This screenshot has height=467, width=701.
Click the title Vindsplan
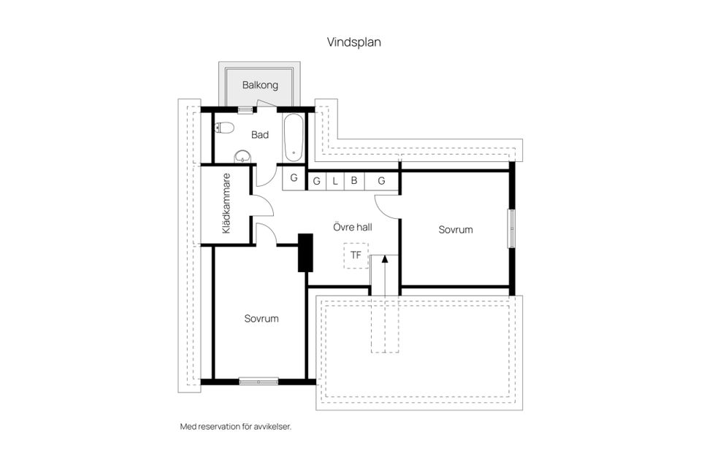pyautogui.click(x=353, y=42)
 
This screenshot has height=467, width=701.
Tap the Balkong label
pyautogui.click(x=260, y=85)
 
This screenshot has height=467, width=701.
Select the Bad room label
pyautogui.click(x=260, y=135)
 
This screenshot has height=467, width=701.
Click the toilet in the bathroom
pyautogui.click(x=225, y=128)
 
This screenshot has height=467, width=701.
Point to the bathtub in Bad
pyautogui.click(x=293, y=137)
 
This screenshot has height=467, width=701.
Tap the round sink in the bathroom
pyautogui.click(x=242, y=155)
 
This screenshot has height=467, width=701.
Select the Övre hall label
pyautogui.click(x=352, y=227)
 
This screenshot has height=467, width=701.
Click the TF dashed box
pyautogui.click(x=356, y=255)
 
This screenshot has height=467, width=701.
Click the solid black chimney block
pyautogui.click(x=305, y=252)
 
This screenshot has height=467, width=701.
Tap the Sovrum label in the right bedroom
pyautogui.click(x=455, y=229)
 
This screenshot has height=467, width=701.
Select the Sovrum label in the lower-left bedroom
pyautogui.click(x=261, y=318)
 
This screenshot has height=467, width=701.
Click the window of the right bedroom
pyautogui.click(x=512, y=228)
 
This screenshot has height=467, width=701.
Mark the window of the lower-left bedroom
pyautogui.click(x=258, y=381)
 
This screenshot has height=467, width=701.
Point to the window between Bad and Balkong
pyautogui.click(x=245, y=109)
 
